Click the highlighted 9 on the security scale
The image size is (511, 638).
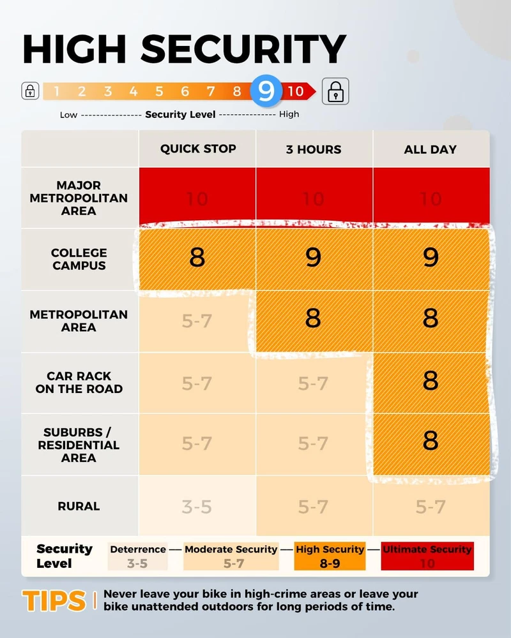(x=266, y=91)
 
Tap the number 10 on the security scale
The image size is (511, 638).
(x=294, y=91)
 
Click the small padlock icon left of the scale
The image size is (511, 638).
(x=30, y=91)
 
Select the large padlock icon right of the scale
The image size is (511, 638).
(x=335, y=91)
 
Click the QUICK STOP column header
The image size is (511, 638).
(x=198, y=149)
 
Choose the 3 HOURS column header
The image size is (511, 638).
(x=313, y=149)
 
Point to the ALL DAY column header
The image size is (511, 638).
(x=431, y=149)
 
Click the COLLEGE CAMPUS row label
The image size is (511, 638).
(x=79, y=259)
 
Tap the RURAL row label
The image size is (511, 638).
(x=79, y=506)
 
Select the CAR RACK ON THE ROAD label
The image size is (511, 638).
(x=79, y=382)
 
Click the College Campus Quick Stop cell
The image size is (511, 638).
(x=197, y=258)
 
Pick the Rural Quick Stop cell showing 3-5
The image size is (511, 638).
(x=197, y=507)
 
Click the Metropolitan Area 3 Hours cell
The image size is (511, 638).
(x=313, y=318)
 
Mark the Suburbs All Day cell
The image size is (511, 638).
(x=431, y=441)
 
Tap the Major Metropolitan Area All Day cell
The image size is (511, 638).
(x=431, y=198)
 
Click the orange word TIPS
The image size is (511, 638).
(x=54, y=600)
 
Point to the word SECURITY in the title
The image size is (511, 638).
(x=243, y=50)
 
